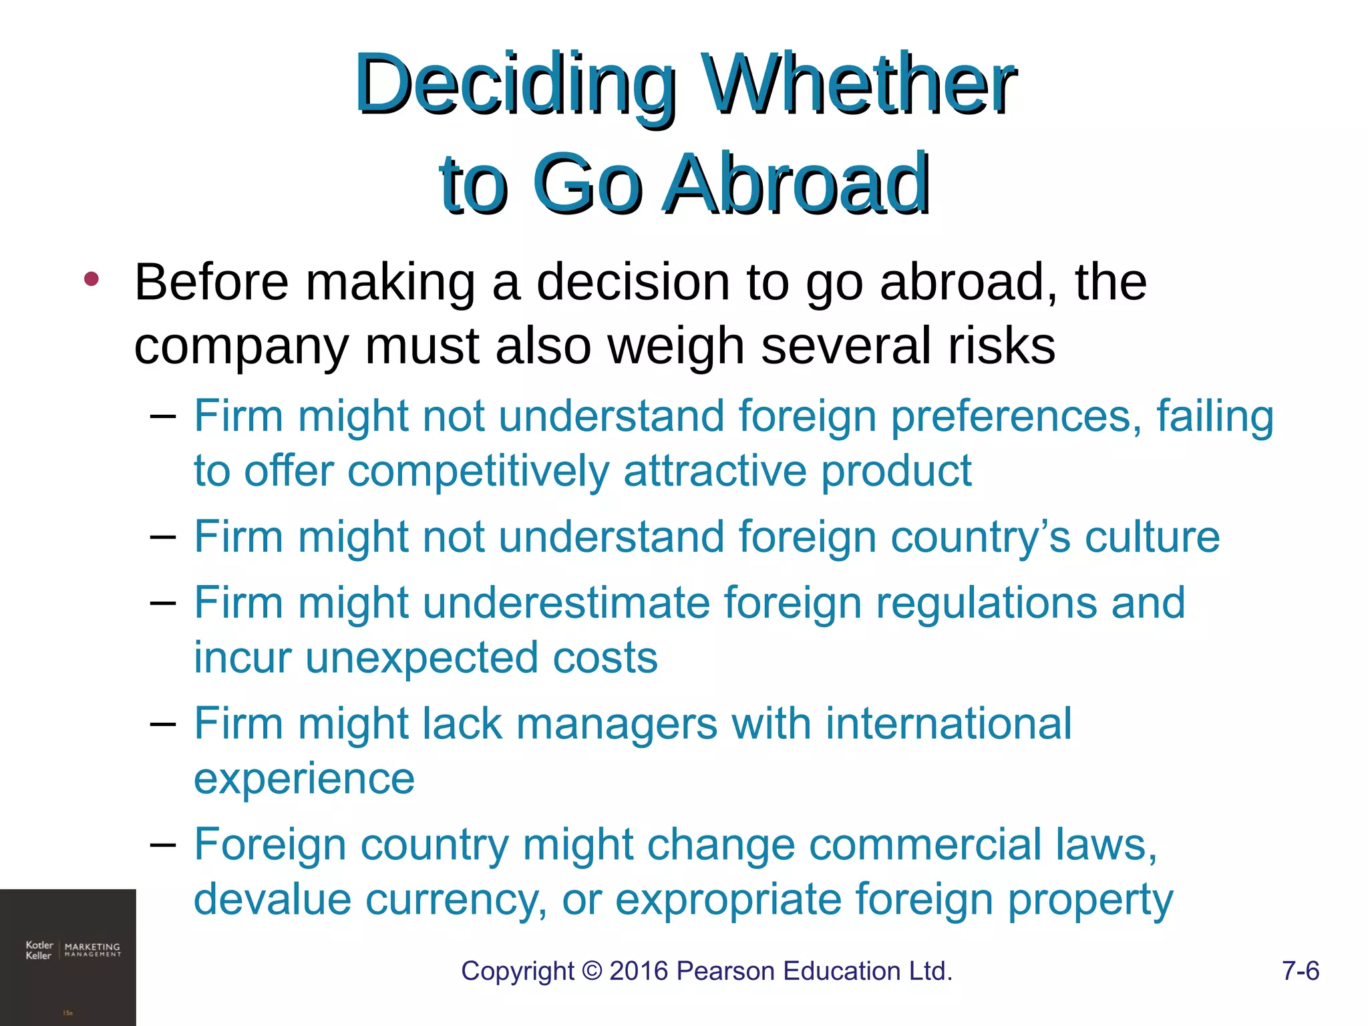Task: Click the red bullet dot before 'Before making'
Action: click(92, 279)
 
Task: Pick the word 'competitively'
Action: click(478, 472)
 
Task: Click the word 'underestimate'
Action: click(566, 603)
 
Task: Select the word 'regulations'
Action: click(986, 603)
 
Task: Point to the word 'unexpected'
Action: click(422, 659)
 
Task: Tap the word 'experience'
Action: click(304, 780)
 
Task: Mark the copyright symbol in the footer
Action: click(592, 971)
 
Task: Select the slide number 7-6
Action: click(1300, 971)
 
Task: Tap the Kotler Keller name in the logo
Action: click(39, 950)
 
